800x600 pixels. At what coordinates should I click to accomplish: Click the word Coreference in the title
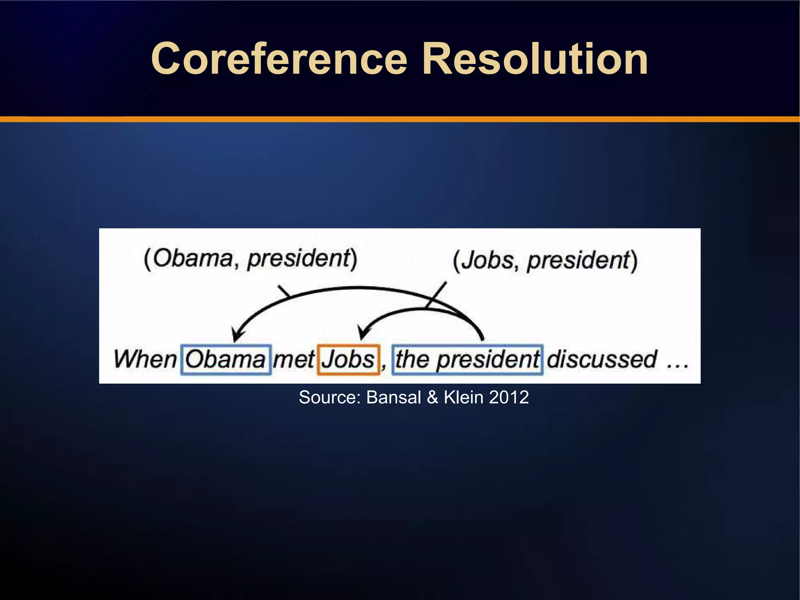pos(279,59)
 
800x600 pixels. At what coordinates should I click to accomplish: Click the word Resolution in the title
pos(535,59)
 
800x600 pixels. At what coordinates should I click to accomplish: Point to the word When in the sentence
pos(145,359)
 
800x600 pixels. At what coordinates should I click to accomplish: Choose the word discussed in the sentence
pos(602,359)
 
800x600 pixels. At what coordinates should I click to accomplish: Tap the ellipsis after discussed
pos(677,365)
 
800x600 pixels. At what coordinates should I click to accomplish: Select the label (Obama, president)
pos(250,259)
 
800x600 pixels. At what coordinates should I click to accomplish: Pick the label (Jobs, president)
pos(545,261)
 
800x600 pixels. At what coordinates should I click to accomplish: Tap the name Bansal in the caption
pos(394,397)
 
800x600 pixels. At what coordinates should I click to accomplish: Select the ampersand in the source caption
pos(432,397)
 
